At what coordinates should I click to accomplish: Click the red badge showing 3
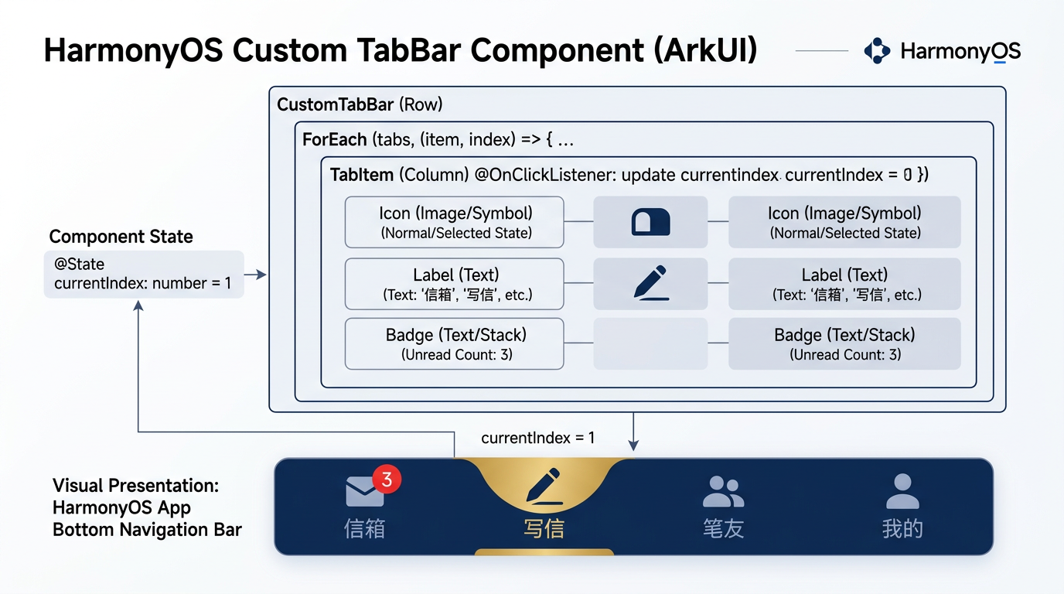pos(387,479)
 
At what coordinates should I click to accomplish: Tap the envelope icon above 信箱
pos(364,491)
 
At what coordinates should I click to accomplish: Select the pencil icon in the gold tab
pos(544,486)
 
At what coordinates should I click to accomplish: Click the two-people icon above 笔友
pos(723,491)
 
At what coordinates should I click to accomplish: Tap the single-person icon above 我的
pos(902,491)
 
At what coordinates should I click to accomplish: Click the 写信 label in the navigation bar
pos(544,528)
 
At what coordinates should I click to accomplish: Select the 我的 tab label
pos(902,528)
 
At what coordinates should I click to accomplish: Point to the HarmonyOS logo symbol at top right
pos(877,50)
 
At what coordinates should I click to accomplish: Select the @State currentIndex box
pos(144,275)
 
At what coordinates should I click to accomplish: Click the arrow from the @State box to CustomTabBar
pos(255,275)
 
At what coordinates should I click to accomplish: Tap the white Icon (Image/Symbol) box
pos(454,222)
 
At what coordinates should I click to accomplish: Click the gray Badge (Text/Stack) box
pos(844,343)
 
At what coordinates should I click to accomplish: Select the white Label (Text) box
pos(454,284)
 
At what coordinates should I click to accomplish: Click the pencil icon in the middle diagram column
pos(651,283)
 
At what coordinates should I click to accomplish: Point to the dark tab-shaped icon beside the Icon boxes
pos(651,222)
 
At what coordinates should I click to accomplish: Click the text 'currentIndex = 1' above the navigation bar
pos(537,438)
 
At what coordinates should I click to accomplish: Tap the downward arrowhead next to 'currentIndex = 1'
pos(633,445)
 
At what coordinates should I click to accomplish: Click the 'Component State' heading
pos(121,236)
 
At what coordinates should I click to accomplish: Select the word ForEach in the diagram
pos(334,140)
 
